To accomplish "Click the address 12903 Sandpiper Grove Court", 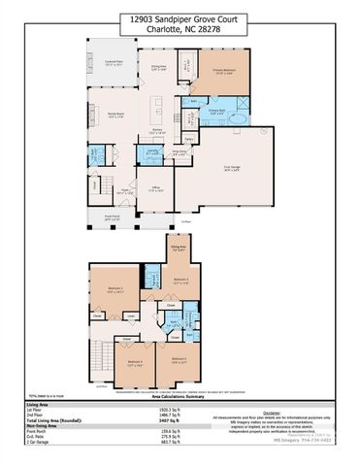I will coord(180,17).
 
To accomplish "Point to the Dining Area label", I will coord(158,67).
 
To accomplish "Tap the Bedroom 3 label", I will coord(180,281).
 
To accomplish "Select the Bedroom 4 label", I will coord(134,361).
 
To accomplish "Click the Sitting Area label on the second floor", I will coord(179,248).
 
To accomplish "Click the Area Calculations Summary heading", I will coord(180,396).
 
